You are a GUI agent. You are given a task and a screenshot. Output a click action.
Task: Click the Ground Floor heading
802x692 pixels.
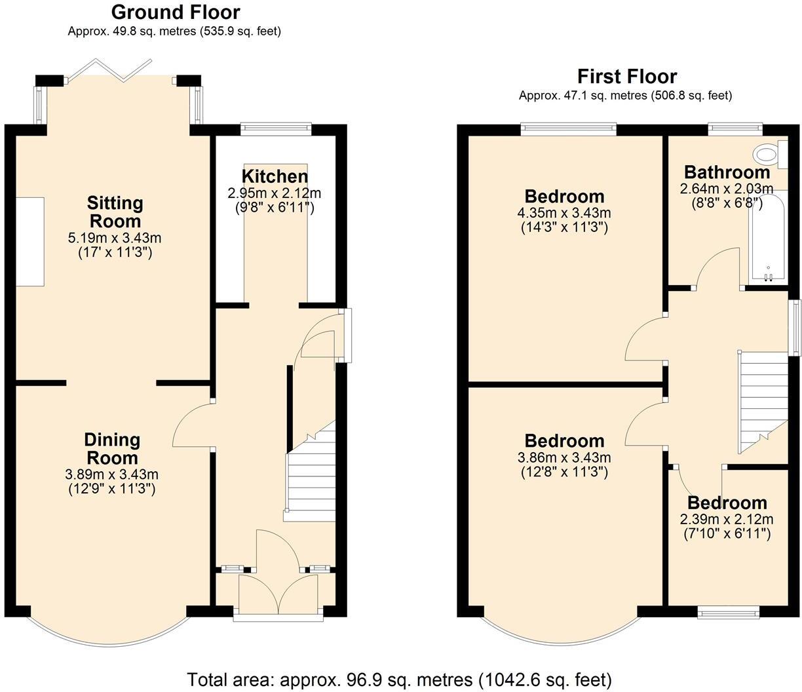175,12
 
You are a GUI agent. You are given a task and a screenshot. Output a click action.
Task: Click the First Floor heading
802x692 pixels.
626,76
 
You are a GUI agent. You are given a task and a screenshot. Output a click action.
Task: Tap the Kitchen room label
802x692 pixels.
275,176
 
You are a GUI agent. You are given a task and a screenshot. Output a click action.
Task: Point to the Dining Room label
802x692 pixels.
111,448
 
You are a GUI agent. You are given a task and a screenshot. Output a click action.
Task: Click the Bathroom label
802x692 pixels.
727,172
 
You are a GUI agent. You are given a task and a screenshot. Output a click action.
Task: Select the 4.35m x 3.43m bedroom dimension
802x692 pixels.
564,213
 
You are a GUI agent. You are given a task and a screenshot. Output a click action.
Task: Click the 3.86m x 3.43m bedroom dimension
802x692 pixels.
564,457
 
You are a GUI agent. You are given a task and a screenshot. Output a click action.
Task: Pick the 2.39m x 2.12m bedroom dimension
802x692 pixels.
727,519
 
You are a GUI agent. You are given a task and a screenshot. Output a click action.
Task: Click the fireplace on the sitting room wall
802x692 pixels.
30,241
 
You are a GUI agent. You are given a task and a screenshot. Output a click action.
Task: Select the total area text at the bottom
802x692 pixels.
400,679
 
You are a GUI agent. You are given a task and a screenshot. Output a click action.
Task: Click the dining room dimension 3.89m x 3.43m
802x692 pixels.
111,474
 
